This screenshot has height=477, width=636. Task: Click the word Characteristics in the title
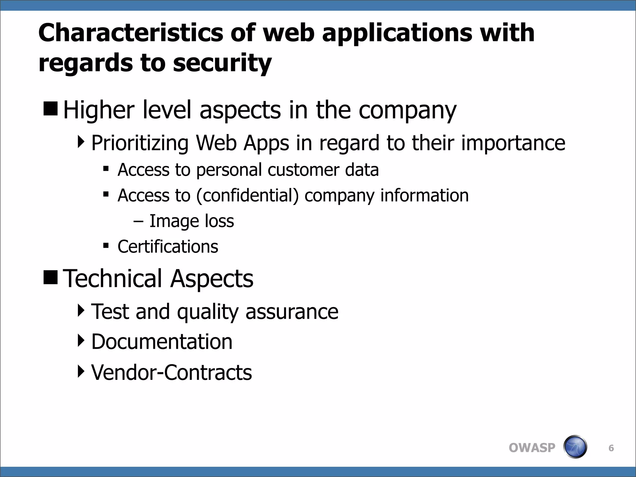pyautogui.click(x=131, y=33)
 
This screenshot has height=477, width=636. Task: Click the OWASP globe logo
pyautogui.click(x=575, y=447)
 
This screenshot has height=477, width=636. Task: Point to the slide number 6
pyautogui.click(x=611, y=448)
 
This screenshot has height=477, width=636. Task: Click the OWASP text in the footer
pyautogui.click(x=532, y=448)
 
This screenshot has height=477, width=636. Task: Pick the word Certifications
pyautogui.click(x=168, y=247)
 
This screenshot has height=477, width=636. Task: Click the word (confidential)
pyautogui.click(x=247, y=196)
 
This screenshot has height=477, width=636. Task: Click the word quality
pyautogui.click(x=207, y=312)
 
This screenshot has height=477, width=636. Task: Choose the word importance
pyautogui.click(x=513, y=143)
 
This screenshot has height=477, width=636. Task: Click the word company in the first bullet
pyautogui.click(x=407, y=110)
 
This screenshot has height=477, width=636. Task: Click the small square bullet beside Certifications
pyautogui.click(x=106, y=246)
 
